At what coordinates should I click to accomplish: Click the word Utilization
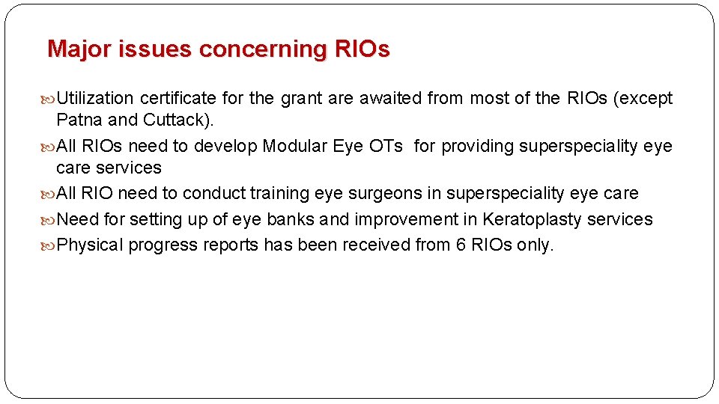click(x=95, y=98)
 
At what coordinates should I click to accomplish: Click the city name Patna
click(x=79, y=120)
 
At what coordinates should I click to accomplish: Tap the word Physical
click(x=90, y=245)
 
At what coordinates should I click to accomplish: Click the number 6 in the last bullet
click(x=461, y=245)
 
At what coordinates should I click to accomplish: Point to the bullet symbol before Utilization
click(x=49, y=99)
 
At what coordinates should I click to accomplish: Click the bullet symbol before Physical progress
click(x=49, y=245)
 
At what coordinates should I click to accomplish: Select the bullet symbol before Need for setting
click(x=49, y=220)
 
